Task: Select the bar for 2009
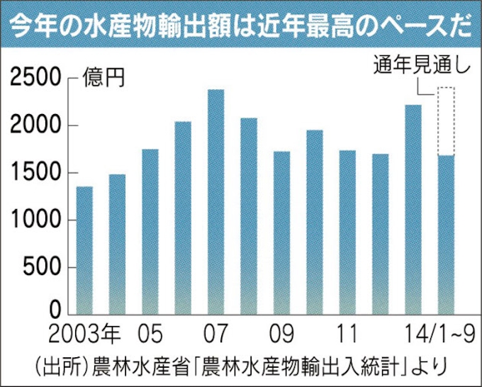point(281,233)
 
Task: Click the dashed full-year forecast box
point(446,121)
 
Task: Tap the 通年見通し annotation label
point(422,67)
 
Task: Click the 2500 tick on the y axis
point(35,78)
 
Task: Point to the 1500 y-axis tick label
point(35,173)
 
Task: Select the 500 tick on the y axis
point(44,267)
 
